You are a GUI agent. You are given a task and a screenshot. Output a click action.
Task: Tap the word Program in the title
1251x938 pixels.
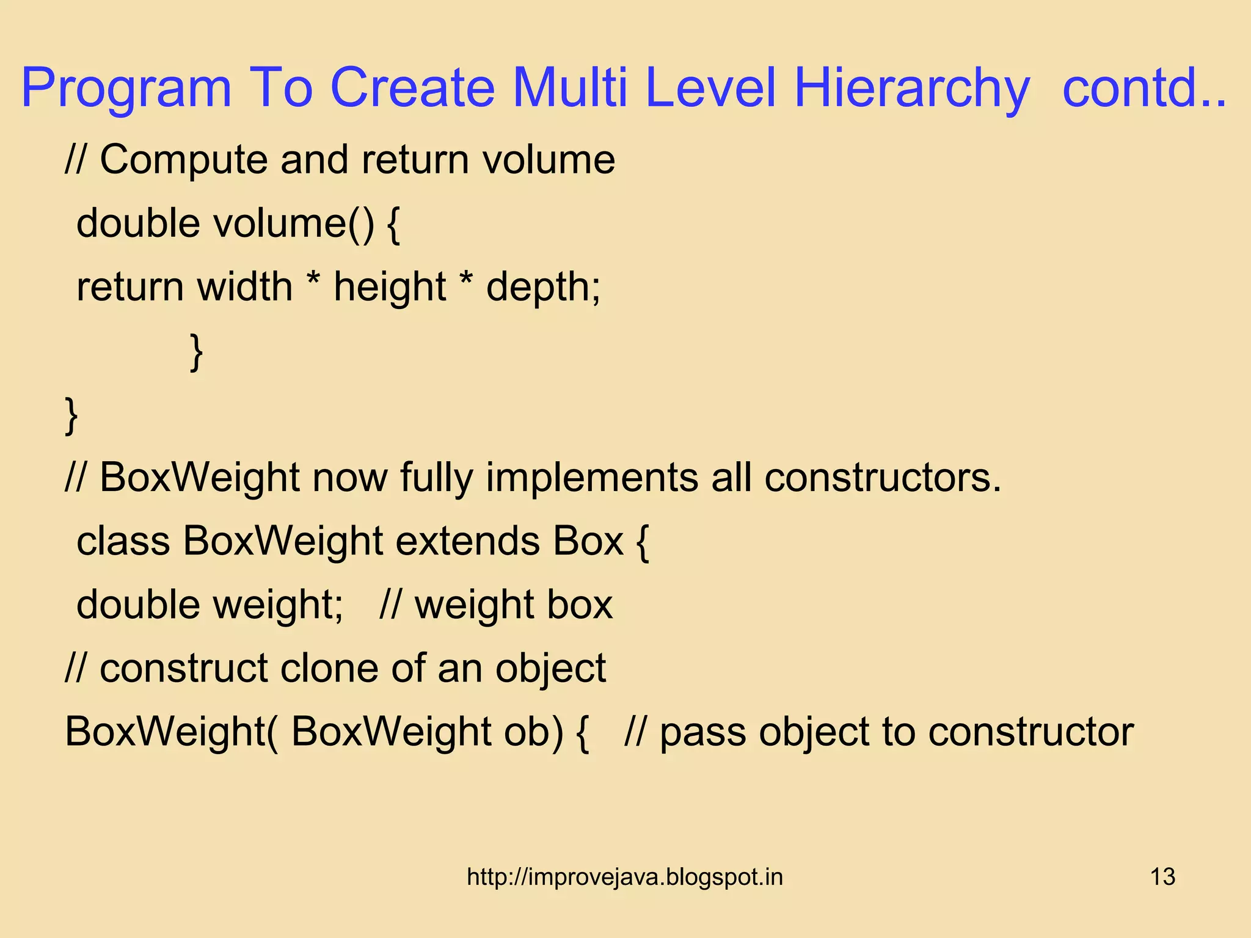(x=126, y=89)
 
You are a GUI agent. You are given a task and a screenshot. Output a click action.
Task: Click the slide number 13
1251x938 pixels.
(x=1162, y=877)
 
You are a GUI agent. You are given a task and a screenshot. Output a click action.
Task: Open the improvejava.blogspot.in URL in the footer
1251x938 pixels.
(x=624, y=877)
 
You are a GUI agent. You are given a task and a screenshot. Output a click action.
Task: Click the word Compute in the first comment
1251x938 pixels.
(x=184, y=160)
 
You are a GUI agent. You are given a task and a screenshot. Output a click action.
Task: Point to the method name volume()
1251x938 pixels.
(x=293, y=224)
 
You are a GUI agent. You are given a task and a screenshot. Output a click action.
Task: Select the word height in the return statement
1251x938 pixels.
(x=390, y=287)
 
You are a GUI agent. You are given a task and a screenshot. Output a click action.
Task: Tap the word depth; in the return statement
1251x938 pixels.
(x=543, y=287)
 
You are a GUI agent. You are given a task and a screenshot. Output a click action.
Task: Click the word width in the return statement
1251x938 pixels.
(x=245, y=287)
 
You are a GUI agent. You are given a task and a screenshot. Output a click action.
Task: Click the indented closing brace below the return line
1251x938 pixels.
(x=195, y=352)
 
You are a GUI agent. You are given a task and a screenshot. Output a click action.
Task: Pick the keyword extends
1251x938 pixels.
(x=468, y=541)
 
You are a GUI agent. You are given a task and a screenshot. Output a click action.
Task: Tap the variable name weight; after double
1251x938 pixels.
(x=277, y=605)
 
